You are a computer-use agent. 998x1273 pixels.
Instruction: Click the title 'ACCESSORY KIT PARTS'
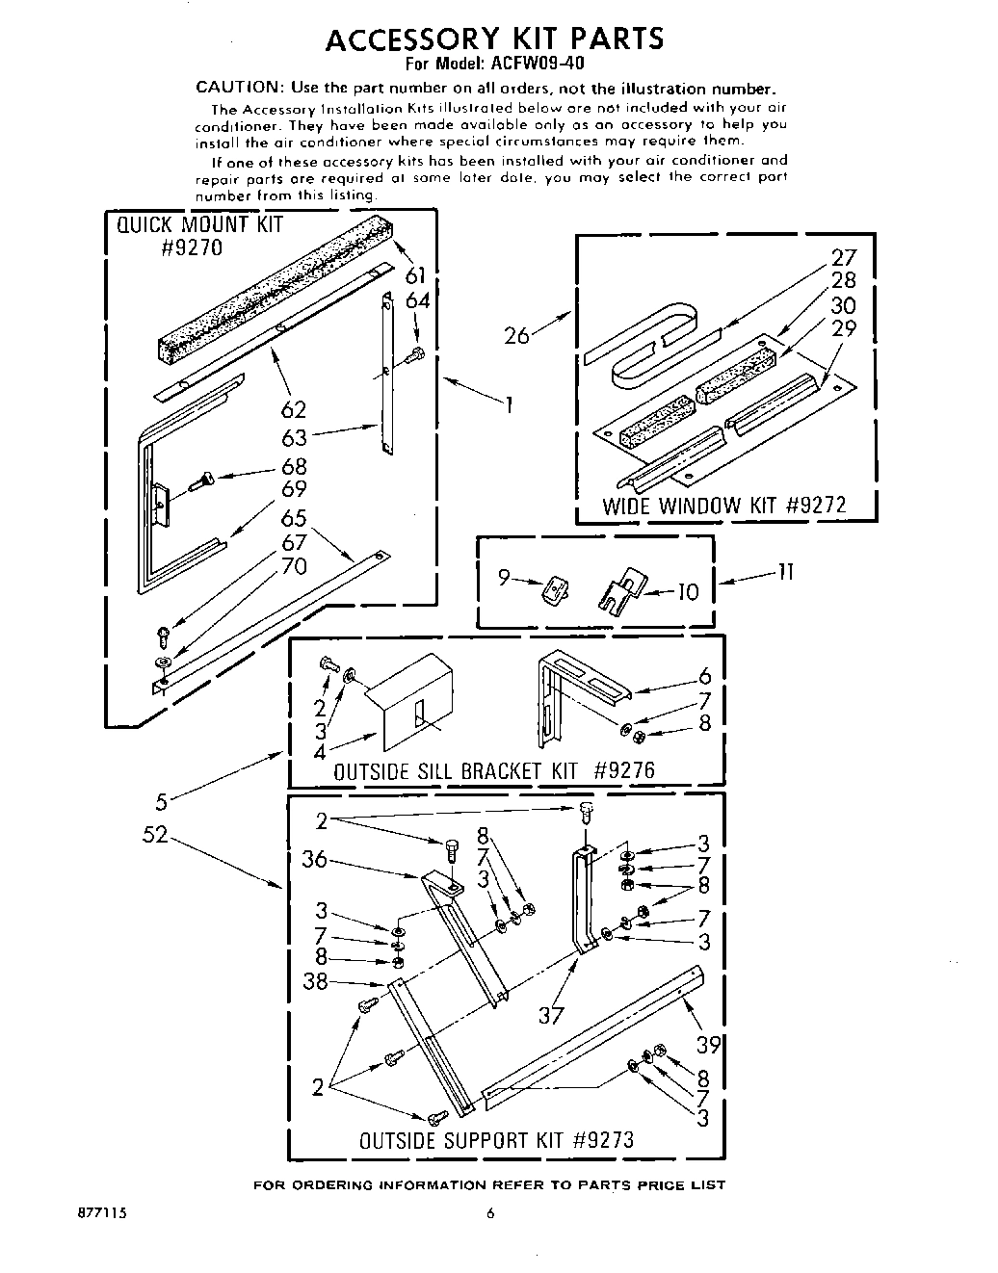[495, 39]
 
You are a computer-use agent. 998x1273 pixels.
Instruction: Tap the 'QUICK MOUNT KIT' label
[200, 225]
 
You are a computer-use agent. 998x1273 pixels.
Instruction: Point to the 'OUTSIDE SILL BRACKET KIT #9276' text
[493, 771]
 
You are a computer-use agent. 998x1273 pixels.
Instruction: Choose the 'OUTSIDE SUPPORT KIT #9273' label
[496, 1141]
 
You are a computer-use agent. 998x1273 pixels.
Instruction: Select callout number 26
[517, 336]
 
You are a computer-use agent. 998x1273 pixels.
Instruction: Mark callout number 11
[785, 572]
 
